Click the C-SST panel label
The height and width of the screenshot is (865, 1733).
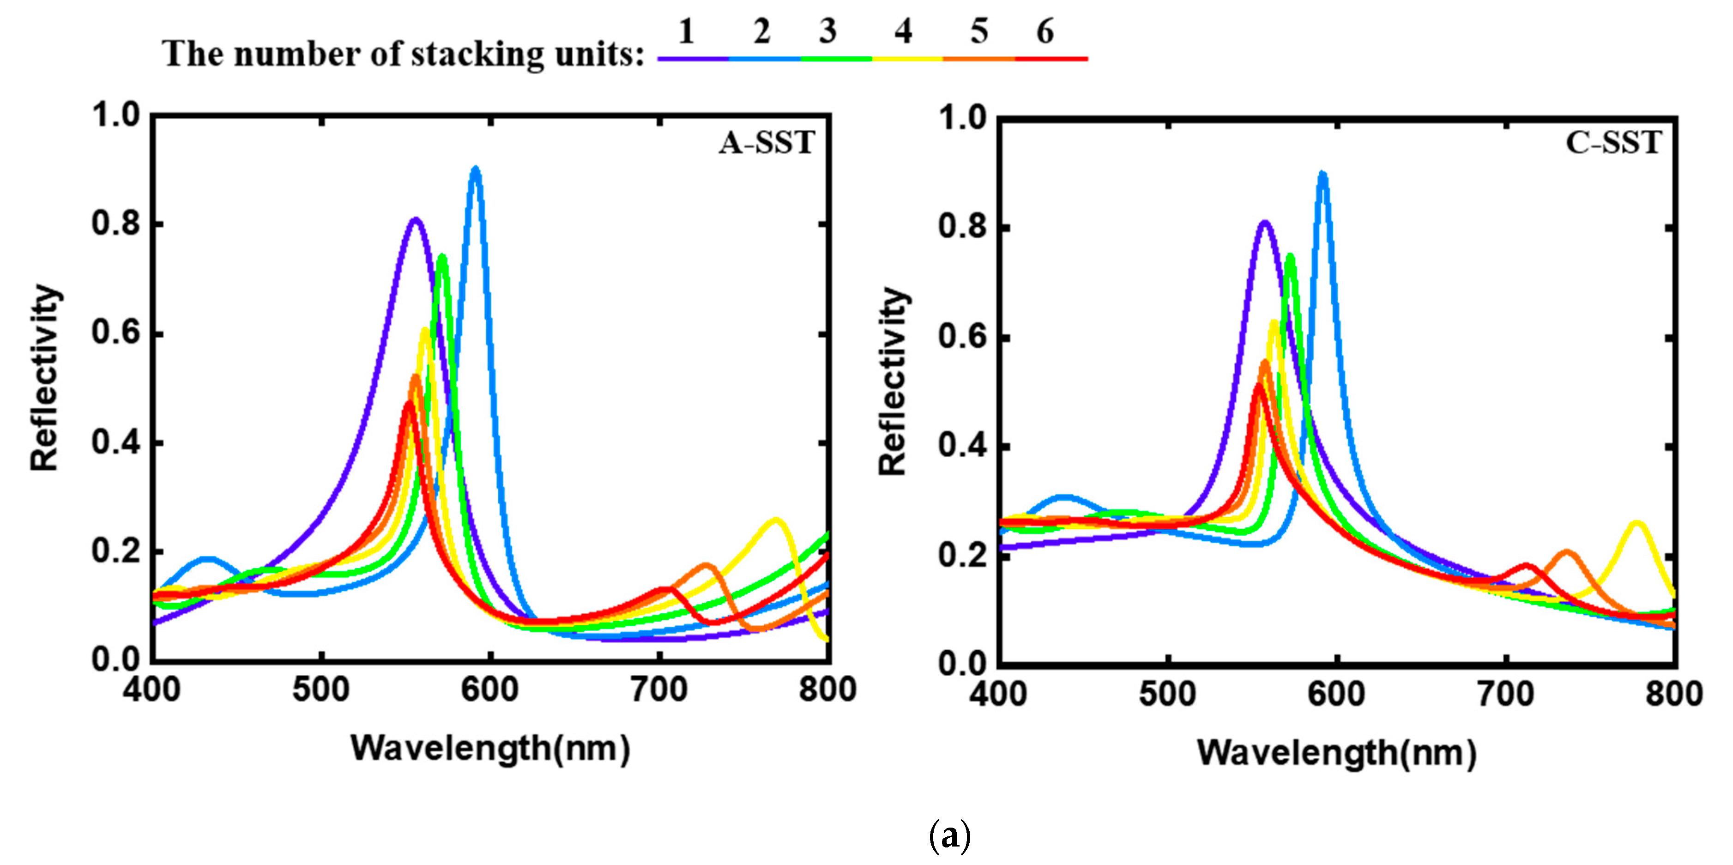tap(1613, 143)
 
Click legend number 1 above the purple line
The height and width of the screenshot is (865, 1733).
tap(686, 31)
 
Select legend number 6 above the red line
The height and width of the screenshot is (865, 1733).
tap(1045, 31)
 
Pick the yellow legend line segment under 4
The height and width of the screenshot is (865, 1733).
tap(907, 59)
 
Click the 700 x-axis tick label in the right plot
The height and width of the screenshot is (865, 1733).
tap(1506, 694)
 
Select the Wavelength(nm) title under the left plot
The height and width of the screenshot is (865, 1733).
tap(490, 749)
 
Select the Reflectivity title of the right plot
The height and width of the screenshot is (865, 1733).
tap(894, 381)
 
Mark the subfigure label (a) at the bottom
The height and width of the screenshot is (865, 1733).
tap(949, 836)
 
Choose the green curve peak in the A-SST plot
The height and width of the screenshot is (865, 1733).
tap(442, 257)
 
